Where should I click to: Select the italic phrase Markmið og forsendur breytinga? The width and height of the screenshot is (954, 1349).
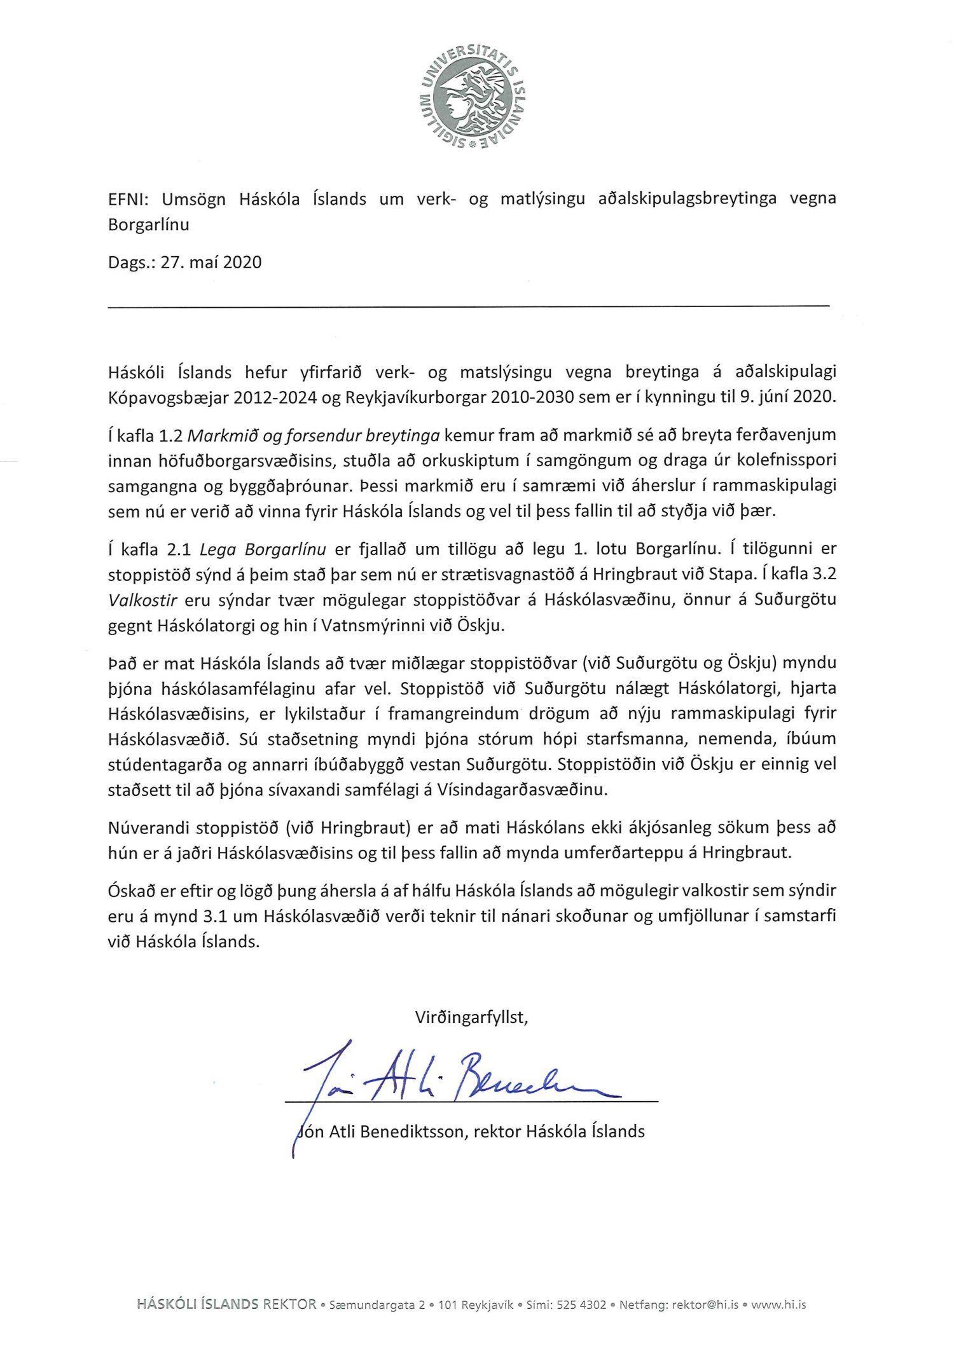pyautogui.click(x=314, y=435)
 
